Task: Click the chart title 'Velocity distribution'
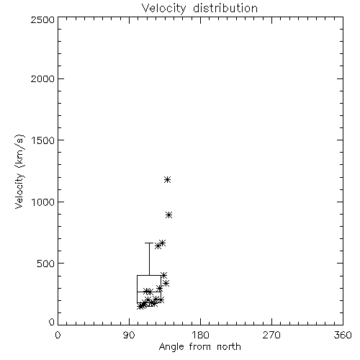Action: tap(199, 9)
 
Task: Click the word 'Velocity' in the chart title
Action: tap(163, 9)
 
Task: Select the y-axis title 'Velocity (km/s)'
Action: tap(19, 171)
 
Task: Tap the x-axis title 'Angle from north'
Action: tap(199, 346)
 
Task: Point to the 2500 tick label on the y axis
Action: tap(42, 19)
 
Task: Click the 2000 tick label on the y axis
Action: tap(42, 78)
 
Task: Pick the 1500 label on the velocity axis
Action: tap(43, 140)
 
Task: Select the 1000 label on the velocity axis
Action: tap(43, 202)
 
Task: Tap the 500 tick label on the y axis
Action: tap(46, 264)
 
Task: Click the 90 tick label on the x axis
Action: tap(129, 335)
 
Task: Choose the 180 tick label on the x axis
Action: tap(200, 335)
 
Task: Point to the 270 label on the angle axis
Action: tap(271, 335)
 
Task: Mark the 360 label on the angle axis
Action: tap(343, 335)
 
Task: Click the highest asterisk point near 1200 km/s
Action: tap(168, 179)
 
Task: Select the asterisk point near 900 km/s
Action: tap(169, 215)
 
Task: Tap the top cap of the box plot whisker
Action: tap(149, 243)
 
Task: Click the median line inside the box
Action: tap(149, 292)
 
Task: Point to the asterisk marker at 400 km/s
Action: tap(164, 275)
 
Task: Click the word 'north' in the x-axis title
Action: tap(229, 346)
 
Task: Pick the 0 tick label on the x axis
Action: tap(58, 335)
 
